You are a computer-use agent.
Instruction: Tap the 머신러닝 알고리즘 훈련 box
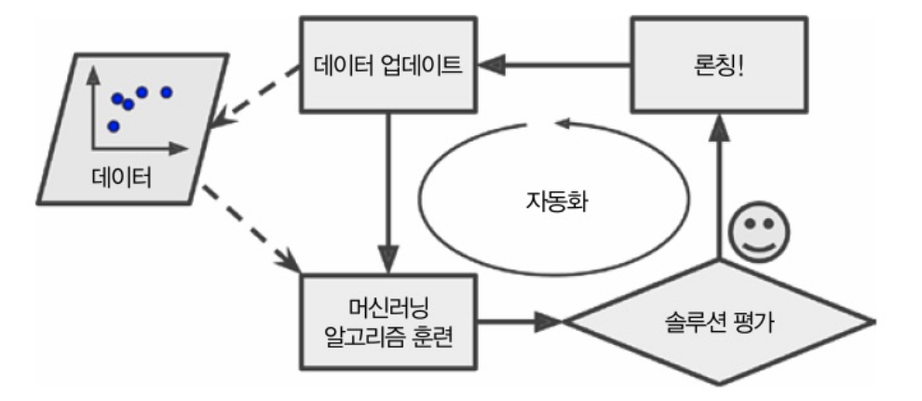[389, 321]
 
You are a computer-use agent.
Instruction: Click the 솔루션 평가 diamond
[717, 323]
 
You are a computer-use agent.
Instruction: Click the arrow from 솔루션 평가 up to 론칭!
[717, 187]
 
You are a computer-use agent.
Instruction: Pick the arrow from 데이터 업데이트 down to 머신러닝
[389, 187]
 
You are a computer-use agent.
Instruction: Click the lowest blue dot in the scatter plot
[114, 126]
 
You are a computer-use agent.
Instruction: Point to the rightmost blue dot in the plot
[167, 91]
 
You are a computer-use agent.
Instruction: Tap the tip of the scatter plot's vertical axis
[92, 74]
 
